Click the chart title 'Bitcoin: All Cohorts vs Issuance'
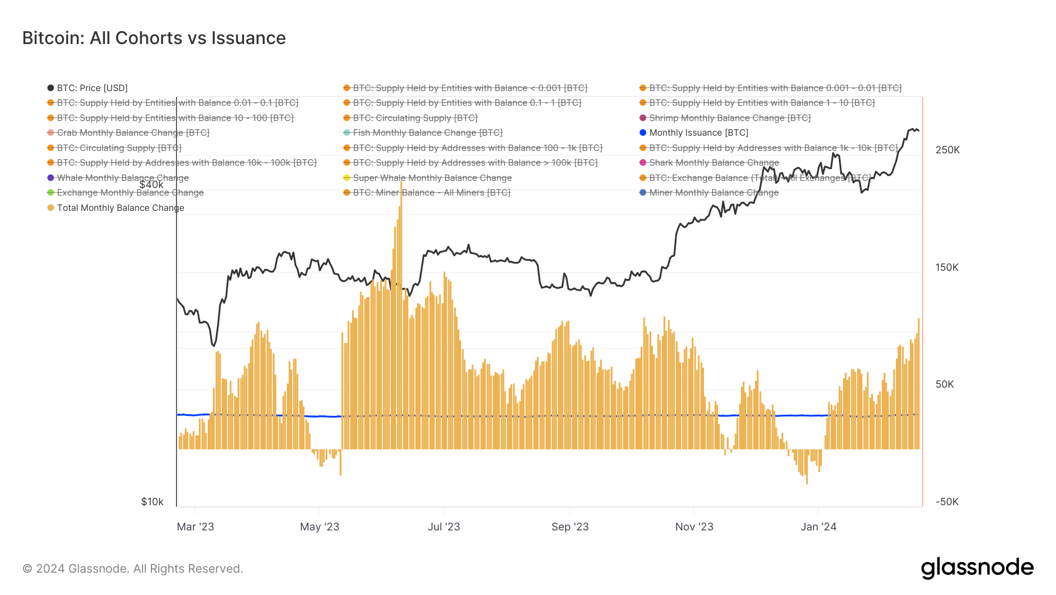click(x=154, y=38)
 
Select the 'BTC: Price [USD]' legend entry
click(x=92, y=88)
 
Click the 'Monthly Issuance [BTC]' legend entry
click(x=698, y=133)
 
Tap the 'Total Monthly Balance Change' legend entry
click(x=120, y=208)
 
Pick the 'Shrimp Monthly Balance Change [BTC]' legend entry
click(x=729, y=118)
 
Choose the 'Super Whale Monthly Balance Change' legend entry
click(x=432, y=178)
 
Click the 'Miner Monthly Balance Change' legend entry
click(x=713, y=193)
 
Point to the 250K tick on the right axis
click(x=947, y=150)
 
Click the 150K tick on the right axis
click(x=947, y=267)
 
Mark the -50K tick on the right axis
click(x=947, y=502)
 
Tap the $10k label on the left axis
click(x=152, y=502)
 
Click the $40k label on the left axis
click(x=151, y=184)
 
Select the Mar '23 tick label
click(x=195, y=527)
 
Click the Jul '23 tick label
click(x=444, y=527)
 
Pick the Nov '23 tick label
click(x=694, y=527)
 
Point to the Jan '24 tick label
click(x=818, y=527)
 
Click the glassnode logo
click(x=977, y=568)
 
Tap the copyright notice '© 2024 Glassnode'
click(x=133, y=569)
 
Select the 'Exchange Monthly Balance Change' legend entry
click(x=130, y=193)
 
